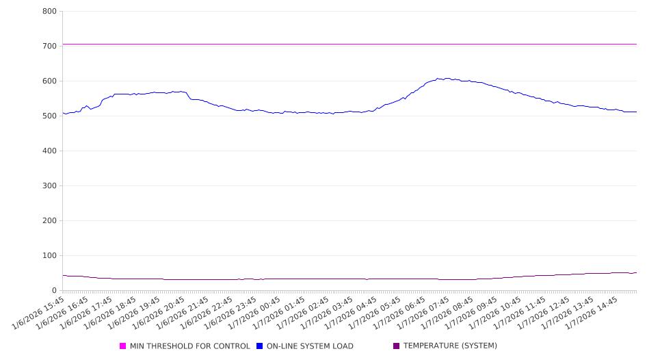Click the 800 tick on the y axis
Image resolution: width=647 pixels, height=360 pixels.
(49, 11)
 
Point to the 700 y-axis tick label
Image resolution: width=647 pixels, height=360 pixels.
(49, 46)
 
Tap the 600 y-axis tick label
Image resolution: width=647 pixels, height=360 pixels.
(49, 81)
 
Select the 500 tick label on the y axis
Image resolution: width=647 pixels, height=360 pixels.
(49, 116)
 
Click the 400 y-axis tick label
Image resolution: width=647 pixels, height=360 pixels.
(49, 151)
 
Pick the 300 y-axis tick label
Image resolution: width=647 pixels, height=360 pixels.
(49, 185)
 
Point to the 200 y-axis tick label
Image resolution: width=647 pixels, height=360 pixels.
(49, 220)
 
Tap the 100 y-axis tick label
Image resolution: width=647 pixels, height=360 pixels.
(49, 255)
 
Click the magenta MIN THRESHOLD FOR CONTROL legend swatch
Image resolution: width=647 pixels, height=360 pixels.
(123, 346)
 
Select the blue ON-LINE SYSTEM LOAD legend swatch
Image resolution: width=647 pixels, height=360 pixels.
(260, 346)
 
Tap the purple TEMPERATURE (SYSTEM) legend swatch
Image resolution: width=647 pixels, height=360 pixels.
(397, 346)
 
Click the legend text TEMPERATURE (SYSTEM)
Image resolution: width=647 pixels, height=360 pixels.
(450, 346)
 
